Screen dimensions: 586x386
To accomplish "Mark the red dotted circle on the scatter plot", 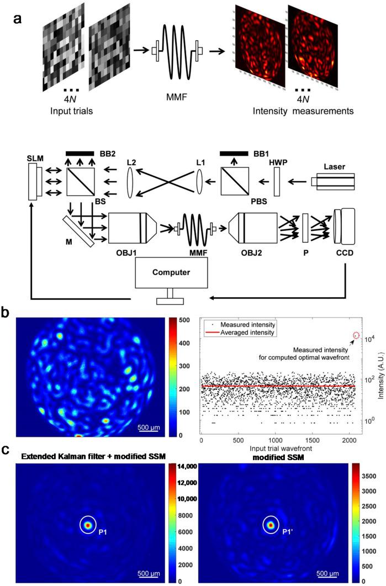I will pyautogui.click(x=356, y=335).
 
